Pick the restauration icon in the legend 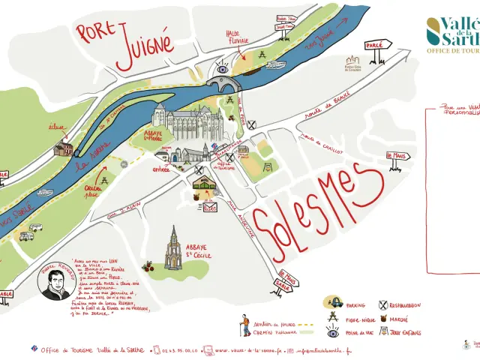point(385,304)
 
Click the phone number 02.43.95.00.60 point(177,350)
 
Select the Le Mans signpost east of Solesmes point(397,157)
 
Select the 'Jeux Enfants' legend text point(406,332)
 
